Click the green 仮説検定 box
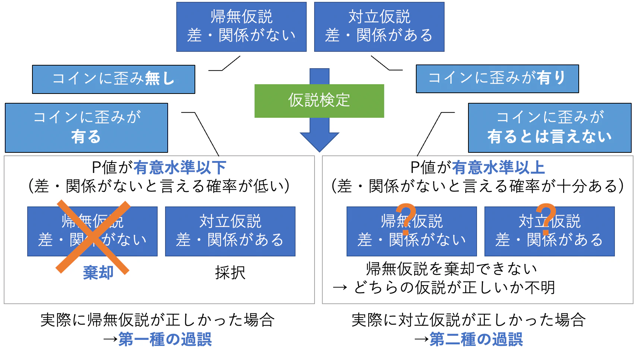319,101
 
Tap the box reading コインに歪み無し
114,79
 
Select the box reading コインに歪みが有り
497,79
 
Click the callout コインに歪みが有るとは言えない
550,127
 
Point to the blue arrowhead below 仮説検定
319,142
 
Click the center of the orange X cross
93,237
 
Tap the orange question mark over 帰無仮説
406,219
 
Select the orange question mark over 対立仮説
546,219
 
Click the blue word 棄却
98,273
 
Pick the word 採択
230,273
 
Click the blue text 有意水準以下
180,168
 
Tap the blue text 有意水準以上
498,168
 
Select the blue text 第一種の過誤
165,339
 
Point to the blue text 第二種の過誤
476,339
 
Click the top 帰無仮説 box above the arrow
241,27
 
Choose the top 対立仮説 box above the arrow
379,27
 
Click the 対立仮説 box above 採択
230,231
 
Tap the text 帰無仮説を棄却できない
452,269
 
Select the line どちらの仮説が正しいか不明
455,287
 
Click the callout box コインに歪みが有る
86,127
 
